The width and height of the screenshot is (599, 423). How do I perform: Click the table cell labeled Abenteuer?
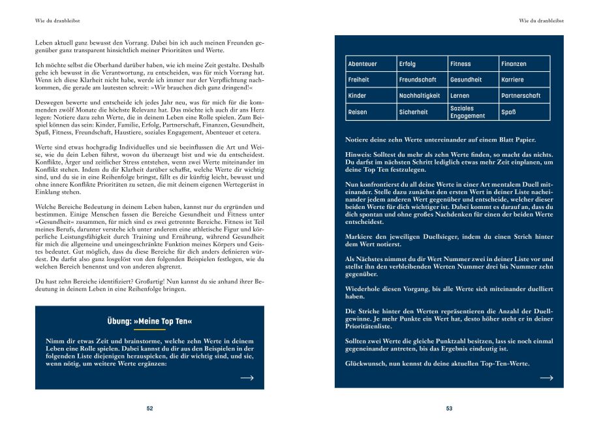point(371,64)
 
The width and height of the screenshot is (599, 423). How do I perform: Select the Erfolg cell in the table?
point(422,64)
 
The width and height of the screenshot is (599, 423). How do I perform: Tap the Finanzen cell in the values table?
point(525,64)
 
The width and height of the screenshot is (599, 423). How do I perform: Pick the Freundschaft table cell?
point(422,80)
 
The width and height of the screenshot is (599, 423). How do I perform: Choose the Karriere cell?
point(525,80)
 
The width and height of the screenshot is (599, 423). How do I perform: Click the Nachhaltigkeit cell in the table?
point(422,96)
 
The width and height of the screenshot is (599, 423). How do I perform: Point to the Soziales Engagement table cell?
point(473,112)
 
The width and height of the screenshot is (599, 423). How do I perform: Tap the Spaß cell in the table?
point(525,112)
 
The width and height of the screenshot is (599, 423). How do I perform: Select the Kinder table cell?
point(371,96)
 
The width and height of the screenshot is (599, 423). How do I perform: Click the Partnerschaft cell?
point(525,96)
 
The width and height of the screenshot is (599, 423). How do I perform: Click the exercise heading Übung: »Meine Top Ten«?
point(149,322)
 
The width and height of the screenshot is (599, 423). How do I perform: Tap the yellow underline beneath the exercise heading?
point(149,330)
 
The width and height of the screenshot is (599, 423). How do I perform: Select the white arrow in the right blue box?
point(546,378)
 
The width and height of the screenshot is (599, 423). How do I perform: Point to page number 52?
point(149,409)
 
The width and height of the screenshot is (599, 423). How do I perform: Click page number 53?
point(449,409)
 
